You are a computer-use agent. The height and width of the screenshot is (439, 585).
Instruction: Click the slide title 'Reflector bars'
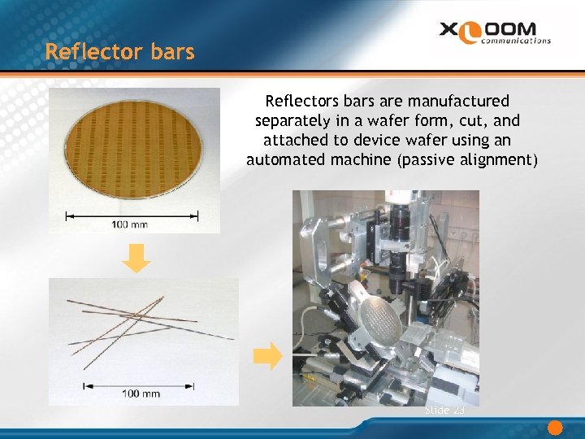(x=120, y=52)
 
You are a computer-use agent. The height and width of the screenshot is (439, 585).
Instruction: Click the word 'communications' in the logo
(x=516, y=39)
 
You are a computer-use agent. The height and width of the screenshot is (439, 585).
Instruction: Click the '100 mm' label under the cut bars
(x=141, y=393)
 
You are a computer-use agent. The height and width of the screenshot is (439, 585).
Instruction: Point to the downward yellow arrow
(x=141, y=259)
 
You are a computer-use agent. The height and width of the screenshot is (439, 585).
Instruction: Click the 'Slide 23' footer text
(x=444, y=411)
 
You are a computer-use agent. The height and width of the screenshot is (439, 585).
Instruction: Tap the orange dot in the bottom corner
(x=556, y=428)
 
